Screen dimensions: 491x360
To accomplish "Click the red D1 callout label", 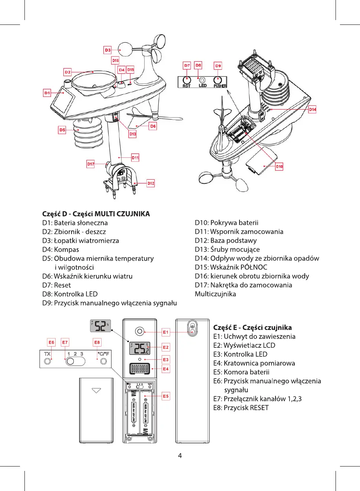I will [47, 93].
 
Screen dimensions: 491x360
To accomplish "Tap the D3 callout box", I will [108, 50].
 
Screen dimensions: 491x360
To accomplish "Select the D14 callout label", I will [313, 109].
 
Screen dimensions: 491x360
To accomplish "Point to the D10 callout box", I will [279, 167].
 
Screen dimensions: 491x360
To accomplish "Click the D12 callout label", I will [151, 183].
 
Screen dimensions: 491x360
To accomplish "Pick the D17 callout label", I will [91, 164].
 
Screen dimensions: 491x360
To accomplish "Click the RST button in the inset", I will [187, 80].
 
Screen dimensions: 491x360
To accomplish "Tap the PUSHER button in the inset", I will [218, 80].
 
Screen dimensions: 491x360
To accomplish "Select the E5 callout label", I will [166, 396].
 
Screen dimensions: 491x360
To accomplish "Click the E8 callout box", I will [97, 343].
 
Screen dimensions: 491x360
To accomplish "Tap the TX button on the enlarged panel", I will [47, 361].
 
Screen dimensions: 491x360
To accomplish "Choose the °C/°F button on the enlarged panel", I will [103, 361].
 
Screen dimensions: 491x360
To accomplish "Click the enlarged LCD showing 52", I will [100, 326].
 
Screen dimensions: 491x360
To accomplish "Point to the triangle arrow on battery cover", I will [96, 390].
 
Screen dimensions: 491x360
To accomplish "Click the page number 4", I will [180, 456].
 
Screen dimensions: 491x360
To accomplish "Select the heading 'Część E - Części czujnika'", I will [252, 328].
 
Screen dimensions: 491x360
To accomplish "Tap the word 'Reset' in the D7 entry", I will [62, 285].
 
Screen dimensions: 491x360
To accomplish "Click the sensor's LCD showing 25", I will [140, 348].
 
